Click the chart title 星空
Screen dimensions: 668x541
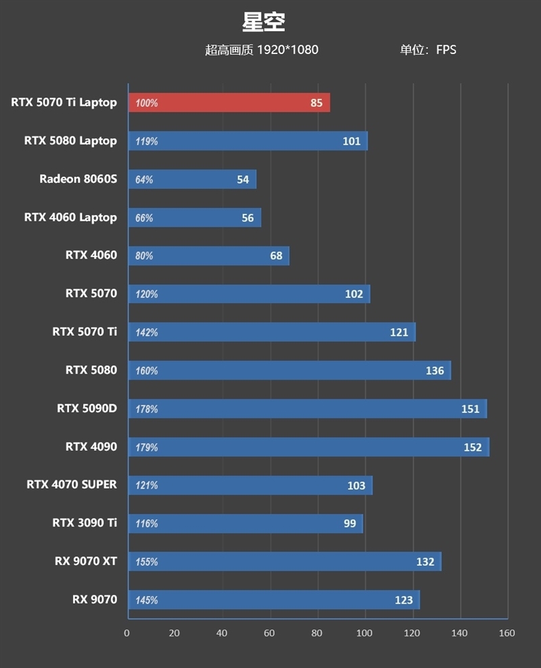click(x=264, y=22)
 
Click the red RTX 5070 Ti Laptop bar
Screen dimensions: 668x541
click(x=229, y=103)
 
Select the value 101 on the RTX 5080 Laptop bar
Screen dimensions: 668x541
click(x=352, y=141)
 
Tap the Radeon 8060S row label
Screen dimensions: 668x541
click(x=78, y=179)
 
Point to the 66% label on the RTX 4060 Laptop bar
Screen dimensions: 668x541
click(x=144, y=218)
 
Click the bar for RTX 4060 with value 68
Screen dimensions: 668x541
click(x=208, y=256)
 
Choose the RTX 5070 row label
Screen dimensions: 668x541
click(x=91, y=294)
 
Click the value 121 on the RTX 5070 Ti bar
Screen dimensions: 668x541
click(x=399, y=332)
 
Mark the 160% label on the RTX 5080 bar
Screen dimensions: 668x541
click(x=146, y=371)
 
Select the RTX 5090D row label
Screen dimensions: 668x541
click(x=87, y=409)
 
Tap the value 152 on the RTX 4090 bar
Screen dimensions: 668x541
click(x=473, y=447)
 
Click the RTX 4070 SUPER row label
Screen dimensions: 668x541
click(x=72, y=485)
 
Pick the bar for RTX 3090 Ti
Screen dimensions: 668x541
click(x=245, y=523)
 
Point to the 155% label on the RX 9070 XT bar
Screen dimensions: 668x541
click(x=146, y=562)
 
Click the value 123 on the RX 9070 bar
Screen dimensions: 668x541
click(x=404, y=600)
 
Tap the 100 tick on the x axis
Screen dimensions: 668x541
click(x=364, y=633)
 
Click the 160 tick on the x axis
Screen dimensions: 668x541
click(x=507, y=633)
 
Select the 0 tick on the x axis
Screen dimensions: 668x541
click(x=127, y=633)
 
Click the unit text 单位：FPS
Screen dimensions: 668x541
click(x=428, y=50)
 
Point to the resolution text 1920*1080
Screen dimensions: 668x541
click(x=287, y=50)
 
